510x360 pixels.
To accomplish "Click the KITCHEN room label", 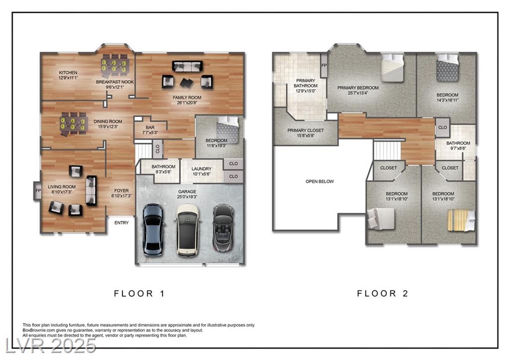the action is coord(68,73).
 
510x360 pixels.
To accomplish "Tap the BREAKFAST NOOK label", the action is coord(115,82).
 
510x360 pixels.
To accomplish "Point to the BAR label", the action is coord(150,127).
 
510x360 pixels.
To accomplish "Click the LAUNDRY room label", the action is coord(201,169).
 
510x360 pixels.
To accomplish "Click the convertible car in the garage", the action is coord(224,228).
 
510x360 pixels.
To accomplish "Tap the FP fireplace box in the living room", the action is coord(38,191).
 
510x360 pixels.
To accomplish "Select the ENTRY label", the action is coord(122,223).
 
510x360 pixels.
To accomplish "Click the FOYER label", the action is coord(122,191).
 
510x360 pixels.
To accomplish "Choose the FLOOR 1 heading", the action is coord(139,293).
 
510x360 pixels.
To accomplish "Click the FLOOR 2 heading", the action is coord(382,293).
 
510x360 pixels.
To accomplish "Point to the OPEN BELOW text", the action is coord(320,181).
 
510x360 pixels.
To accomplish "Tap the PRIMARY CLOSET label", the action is coord(305,130).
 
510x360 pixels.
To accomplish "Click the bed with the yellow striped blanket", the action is coord(461,220).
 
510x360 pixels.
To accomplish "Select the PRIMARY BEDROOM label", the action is coord(358,88).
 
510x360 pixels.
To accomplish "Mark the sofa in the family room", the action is coord(187,66).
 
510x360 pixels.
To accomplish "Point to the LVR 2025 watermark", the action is coord(51,346).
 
